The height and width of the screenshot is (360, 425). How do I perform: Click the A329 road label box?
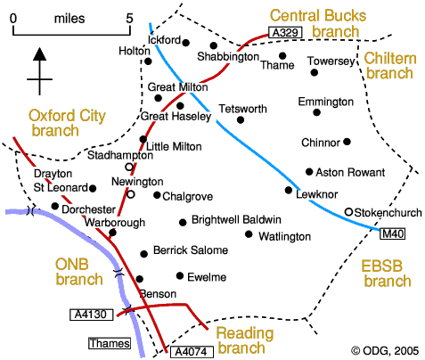(285, 32)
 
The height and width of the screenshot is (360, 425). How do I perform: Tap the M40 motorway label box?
(392, 233)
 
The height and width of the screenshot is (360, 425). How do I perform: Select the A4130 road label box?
(92, 315)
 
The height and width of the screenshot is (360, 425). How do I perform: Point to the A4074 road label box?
(192, 352)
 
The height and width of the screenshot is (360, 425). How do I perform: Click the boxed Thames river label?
(110, 343)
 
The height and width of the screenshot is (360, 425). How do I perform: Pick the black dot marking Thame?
(282, 55)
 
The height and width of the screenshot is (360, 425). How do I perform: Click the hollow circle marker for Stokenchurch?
(348, 212)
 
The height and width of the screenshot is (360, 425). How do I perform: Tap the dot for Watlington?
(249, 234)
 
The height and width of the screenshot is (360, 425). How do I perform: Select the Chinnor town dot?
(347, 142)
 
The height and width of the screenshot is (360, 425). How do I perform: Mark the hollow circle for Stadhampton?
(129, 167)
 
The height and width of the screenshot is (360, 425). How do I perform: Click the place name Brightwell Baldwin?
(236, 220)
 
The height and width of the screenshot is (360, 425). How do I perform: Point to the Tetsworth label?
(243, 109)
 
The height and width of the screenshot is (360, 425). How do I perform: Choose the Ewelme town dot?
(180, 276)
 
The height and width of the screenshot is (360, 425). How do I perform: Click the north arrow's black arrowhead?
(39, 53)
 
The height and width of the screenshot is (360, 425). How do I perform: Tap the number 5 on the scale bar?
(129, 19)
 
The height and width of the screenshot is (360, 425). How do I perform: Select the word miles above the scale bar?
(69, 19)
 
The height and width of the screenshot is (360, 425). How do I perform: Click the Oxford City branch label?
(67, 123)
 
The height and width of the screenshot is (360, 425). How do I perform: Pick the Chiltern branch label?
(390, 66)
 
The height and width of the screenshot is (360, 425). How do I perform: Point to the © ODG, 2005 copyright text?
(385, 351)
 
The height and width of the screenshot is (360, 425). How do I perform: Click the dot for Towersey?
(315, 72)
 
